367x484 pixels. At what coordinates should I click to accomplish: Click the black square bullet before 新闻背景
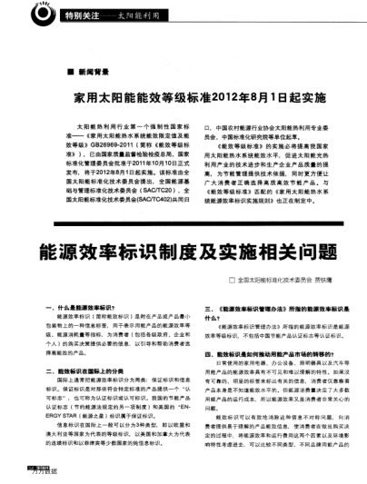68,71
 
